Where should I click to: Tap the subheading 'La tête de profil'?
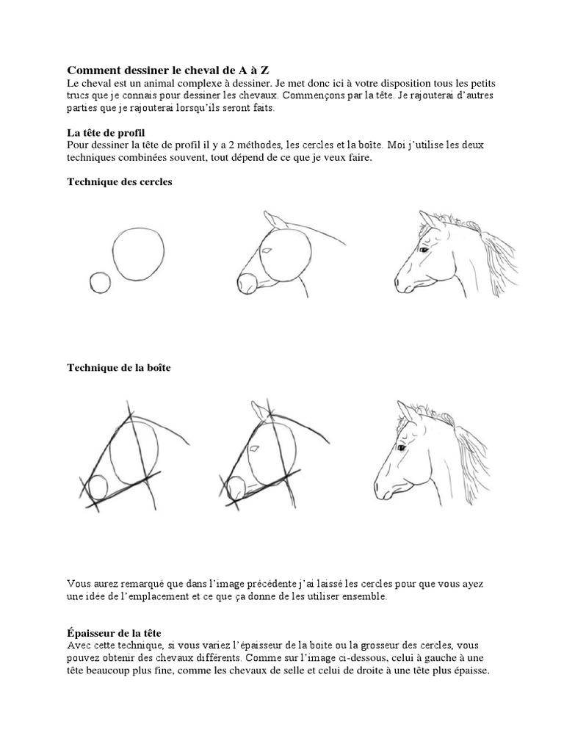pyautogui.click(x=107, y=133)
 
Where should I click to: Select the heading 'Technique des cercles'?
pyautogui.click(x=120, y=181)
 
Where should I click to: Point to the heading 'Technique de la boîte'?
pyautogui.click(x=118, y=367)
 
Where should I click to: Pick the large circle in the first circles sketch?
pyautogui.click(x=138, y=253)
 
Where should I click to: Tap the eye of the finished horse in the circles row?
pyautogui.click(x=424, y=250)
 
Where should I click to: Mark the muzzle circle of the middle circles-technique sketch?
pyautogui.click(x=248, y=282)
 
